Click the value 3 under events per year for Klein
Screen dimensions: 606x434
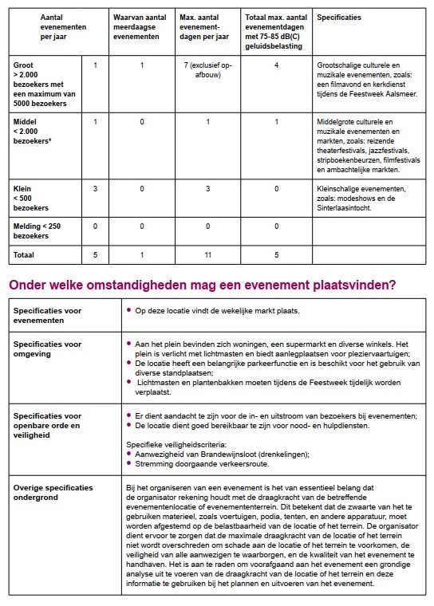coord(96,189)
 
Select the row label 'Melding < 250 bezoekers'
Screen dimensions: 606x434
coord(37,231)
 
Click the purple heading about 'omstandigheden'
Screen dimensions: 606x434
coord(203,285)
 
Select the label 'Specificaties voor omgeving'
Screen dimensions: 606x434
coord(48,348)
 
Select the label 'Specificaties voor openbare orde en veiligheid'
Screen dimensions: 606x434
coord(48,425)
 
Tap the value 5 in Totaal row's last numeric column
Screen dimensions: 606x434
coord(276,254)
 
